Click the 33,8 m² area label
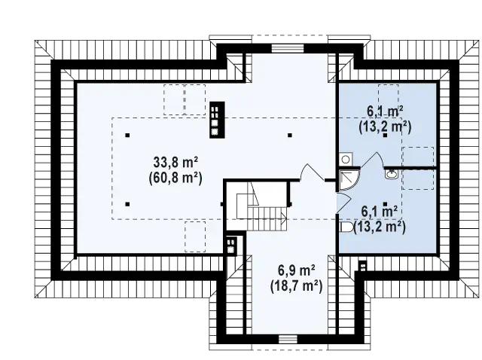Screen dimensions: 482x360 [175, 163]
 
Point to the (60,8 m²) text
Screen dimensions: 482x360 [175, 178]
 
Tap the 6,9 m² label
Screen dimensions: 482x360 [296, 271]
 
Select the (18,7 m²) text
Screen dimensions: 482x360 [296, 286]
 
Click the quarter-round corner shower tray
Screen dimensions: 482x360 [349, 181]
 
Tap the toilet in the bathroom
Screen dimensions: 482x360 [346, 227]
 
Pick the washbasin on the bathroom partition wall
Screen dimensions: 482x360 [392, 174]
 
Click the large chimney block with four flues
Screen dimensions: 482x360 [217, 120]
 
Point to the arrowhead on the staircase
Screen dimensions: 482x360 [284, 218]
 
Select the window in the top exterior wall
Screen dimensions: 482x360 [288, 49]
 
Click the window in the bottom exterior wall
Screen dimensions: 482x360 [288, 340]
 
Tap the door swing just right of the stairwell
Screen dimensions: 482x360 [311, 172]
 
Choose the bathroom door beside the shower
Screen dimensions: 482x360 [343, 203]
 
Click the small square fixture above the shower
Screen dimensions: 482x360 [346, 159]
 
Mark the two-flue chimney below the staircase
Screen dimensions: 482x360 [231, 245]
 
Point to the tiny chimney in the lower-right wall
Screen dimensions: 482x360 [363, 266]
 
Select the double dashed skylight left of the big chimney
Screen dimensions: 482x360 [185, 99]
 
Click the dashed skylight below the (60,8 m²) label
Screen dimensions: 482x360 [195, 236]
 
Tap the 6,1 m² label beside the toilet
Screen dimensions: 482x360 [380, 212]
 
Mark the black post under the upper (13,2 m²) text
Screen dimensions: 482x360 [385, 135]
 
